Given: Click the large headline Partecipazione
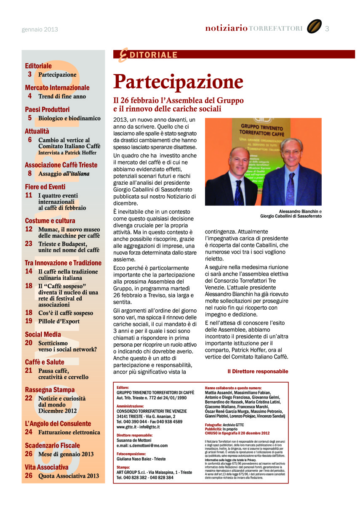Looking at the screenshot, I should click(x=178, y=82).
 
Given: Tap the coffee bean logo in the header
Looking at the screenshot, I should click(x=314, y=27).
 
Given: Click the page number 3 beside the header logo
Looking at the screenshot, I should click(x=327, y=29).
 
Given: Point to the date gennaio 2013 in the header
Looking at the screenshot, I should click(x=40, y=29).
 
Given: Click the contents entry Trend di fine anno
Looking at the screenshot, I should click(x=62, y=96).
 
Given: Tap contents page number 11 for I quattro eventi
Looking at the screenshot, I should click(x=29, y=195).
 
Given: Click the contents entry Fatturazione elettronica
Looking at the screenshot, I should click(x=69, y=432).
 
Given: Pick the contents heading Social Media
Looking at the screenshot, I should click(x=43, y=335).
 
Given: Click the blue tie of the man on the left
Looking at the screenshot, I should click(x=239, y=191).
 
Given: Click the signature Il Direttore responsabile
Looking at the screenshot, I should click(x=258, y=372).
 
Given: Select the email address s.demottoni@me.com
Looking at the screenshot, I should click(x=142, y=445).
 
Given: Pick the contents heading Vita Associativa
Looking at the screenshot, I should click(x=46, y=467).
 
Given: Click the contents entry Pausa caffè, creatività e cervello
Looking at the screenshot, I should click(x=63, y=374).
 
